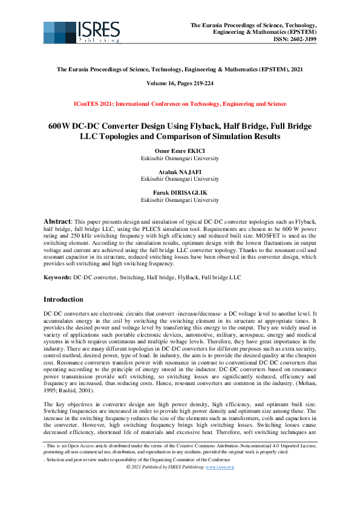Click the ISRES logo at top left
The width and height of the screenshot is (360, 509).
point(81,32)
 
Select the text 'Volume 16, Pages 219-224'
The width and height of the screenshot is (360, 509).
point(180,83)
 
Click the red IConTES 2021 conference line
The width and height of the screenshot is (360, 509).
point(180,104)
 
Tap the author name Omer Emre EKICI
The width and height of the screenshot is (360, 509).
point(180,151)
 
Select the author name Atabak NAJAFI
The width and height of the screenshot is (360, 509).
point(180,172)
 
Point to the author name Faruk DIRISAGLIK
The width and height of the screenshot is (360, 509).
point(180,192)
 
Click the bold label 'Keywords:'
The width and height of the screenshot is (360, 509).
point(57,277)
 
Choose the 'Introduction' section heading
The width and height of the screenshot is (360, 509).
point(64,299)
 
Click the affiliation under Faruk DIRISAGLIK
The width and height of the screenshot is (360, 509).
point(180,199)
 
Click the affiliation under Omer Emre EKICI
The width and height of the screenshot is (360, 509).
point(180,158)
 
